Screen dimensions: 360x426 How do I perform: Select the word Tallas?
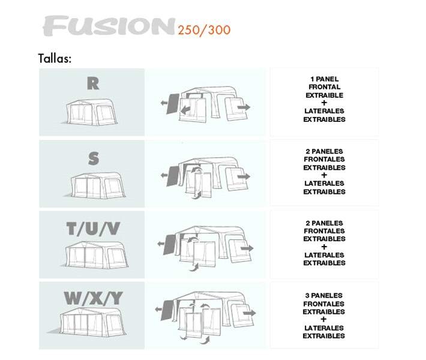pyautogui.click(x=55, y=59)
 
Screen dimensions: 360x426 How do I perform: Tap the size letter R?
pyautogui.click(x=92, y=83)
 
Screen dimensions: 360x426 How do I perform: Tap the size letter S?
pyautogui.click(x=94, y=158)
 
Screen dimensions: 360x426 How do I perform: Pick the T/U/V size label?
pyautogui.click(x=92, y=229)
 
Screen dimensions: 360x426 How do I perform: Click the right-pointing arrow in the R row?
pyautogui.click(x=244, y=107)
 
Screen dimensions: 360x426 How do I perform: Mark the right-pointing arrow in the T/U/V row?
pyautogui.click(x=248, y=248)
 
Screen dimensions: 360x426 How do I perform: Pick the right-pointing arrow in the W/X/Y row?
pyautogui.click(x=250, y=313)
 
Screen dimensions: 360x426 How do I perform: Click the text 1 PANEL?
pyautogui.click(x=325, y=79)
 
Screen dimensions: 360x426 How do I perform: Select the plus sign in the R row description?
pyautogui.click(x=325, y=103)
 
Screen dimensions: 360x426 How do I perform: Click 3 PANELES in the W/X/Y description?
pyautogui.click(x=324, y=296)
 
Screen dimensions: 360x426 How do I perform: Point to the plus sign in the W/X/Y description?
pyautogui.click(x=324, y=320)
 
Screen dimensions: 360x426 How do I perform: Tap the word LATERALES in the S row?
pyautogui.click(x=325, y=184)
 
